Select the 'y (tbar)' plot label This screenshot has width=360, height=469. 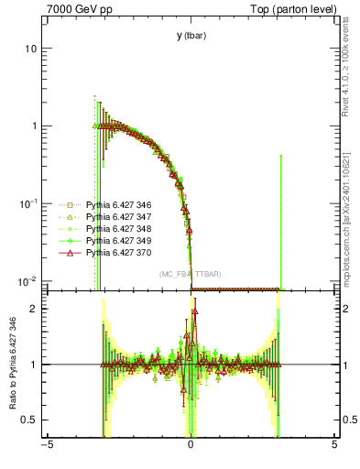point(191,36)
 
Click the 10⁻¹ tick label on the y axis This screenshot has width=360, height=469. point(28,202)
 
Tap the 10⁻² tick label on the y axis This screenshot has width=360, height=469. point(28,280)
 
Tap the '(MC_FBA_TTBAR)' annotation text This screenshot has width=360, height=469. point(191,274)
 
